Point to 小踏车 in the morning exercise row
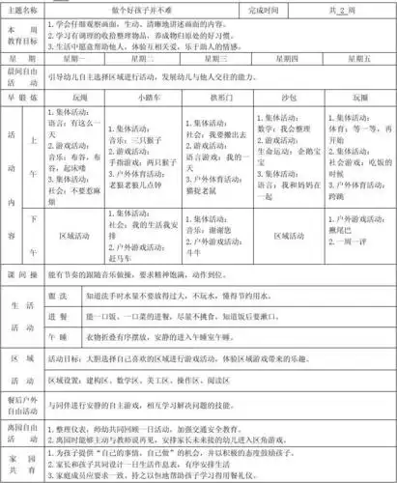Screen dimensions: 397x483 click(x=149, y=98)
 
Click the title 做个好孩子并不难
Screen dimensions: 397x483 click(x=130, y=8)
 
